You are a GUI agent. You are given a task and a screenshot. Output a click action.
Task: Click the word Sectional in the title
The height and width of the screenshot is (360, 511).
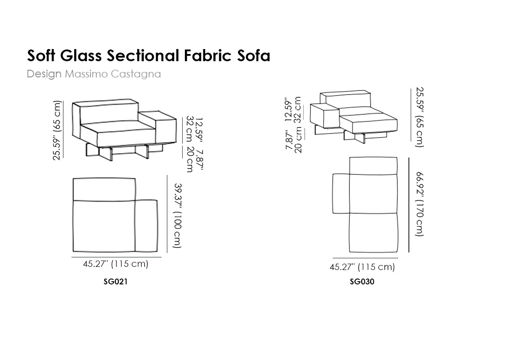(143, 55)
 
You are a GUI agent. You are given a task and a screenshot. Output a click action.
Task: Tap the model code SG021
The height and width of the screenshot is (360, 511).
(115, 281)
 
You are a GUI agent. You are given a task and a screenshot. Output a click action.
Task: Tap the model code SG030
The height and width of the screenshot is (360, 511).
(362, 281)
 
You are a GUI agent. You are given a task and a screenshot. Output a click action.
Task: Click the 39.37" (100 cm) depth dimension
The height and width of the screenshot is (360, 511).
(178, 216)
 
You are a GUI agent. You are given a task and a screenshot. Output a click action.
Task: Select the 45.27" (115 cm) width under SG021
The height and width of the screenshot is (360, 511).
(116, 264)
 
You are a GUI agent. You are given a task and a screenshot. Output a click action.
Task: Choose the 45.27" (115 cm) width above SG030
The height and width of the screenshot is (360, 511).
(362, 267)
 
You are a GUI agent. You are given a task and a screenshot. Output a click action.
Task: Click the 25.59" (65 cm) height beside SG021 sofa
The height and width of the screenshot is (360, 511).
(57, 130)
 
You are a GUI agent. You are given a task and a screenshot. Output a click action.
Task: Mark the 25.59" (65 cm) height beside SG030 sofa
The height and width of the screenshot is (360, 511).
(419, 117)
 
